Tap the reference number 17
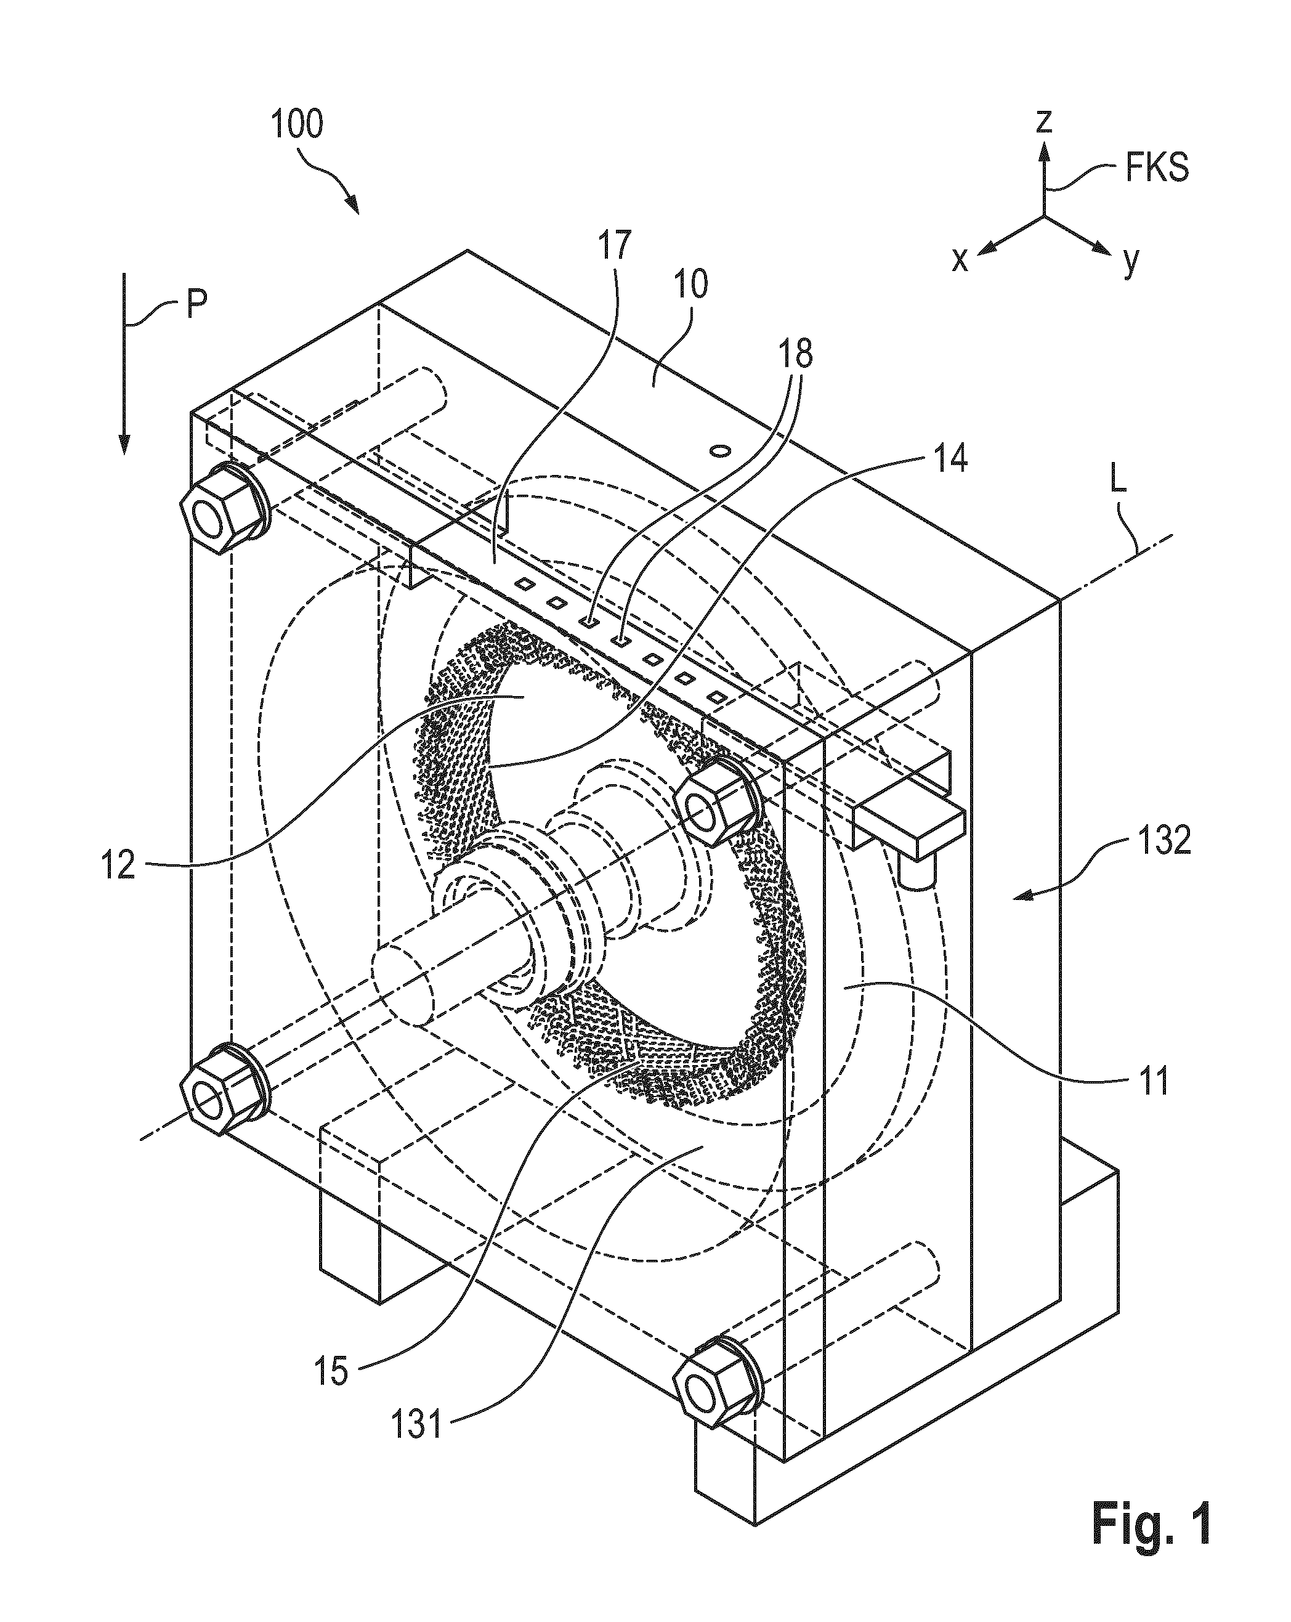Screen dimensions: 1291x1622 [x=615, y=245]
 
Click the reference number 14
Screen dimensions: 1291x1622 [x=949, y=458]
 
